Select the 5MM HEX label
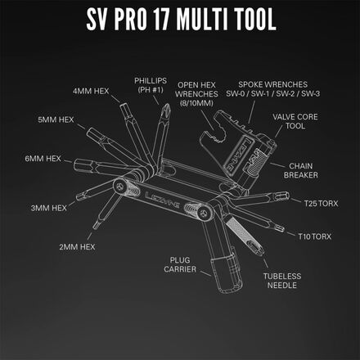56,119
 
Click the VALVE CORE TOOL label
298,123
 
